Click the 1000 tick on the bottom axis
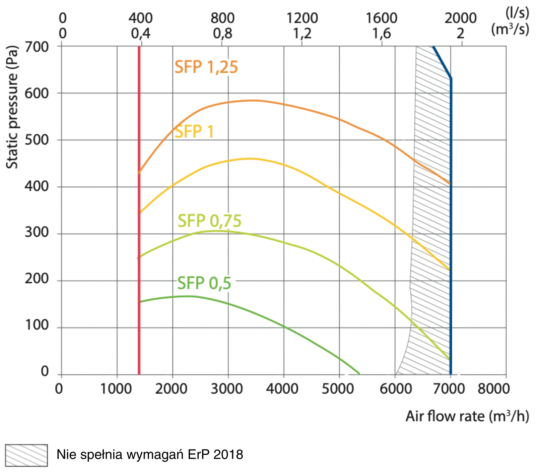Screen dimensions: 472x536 coord(116,389)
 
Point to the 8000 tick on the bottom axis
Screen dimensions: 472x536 coord(495,389)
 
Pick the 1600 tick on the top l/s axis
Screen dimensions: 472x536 coord(382,17)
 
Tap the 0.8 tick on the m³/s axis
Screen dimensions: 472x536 coord(222,34)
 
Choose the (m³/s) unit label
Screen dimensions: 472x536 coord(511,30)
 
